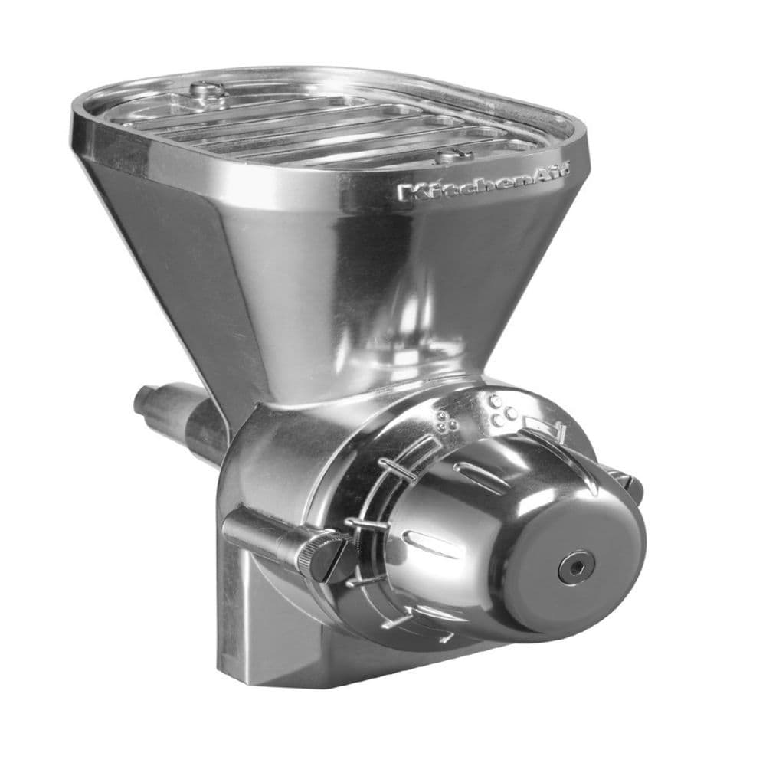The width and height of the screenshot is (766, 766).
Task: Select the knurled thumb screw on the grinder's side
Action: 316,556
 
